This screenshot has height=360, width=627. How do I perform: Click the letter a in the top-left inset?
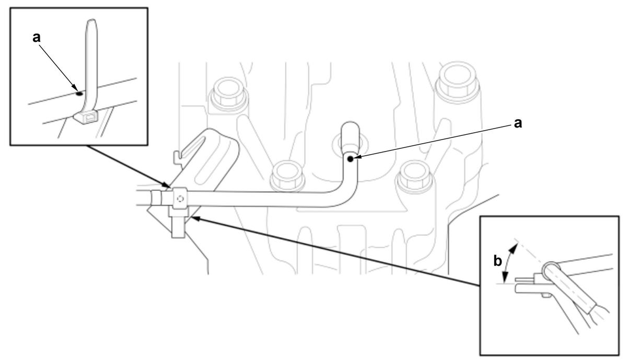[37, 38]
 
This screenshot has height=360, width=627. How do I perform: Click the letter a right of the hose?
[518, 123]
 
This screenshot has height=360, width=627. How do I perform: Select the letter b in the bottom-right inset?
[497, 261]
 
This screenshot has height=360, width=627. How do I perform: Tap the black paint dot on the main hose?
[350, 159]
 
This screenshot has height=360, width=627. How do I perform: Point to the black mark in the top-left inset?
[79, 94]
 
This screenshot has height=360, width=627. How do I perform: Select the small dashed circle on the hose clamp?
[180, 199]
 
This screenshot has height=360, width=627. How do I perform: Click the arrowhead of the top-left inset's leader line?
[167, 185]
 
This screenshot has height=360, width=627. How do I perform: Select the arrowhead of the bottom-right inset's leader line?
[194, 218]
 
